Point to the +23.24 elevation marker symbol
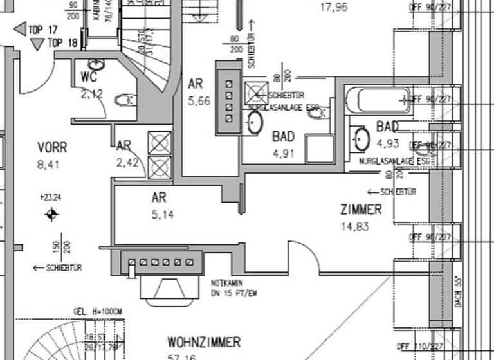point(52,215)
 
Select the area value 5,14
point(163,214)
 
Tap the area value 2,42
point(127,163)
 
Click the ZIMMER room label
point(361,210)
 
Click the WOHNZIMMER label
point(204,341)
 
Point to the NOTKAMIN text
point(225,282)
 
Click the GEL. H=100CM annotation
point(98,311)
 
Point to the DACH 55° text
point(458,290)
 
